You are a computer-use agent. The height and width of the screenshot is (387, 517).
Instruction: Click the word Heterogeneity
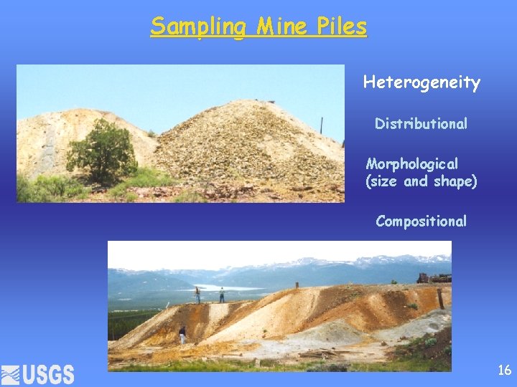tap(421, 82)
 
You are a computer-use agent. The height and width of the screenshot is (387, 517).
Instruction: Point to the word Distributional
tap(421, 124)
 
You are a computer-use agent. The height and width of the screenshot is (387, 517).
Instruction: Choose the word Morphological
tap(411, 164)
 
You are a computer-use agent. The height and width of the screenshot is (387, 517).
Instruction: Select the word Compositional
tap(421, 221)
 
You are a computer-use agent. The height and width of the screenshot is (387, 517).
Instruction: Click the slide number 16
tap(504, 370)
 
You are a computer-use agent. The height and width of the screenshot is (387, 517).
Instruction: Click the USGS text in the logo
tap(48, 374)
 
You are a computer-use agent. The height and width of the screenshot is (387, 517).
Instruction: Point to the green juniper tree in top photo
tap(101, 151)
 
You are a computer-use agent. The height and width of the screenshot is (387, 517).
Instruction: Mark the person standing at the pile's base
tap(182, 334)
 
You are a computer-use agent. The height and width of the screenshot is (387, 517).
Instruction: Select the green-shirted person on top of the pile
tap(222, 294)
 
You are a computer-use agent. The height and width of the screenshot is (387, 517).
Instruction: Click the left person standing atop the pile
tap(197, 294)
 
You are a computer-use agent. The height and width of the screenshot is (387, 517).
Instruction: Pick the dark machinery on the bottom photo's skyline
tap(434, 278)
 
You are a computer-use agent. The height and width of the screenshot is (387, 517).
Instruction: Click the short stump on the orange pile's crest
tap(296, 286)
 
